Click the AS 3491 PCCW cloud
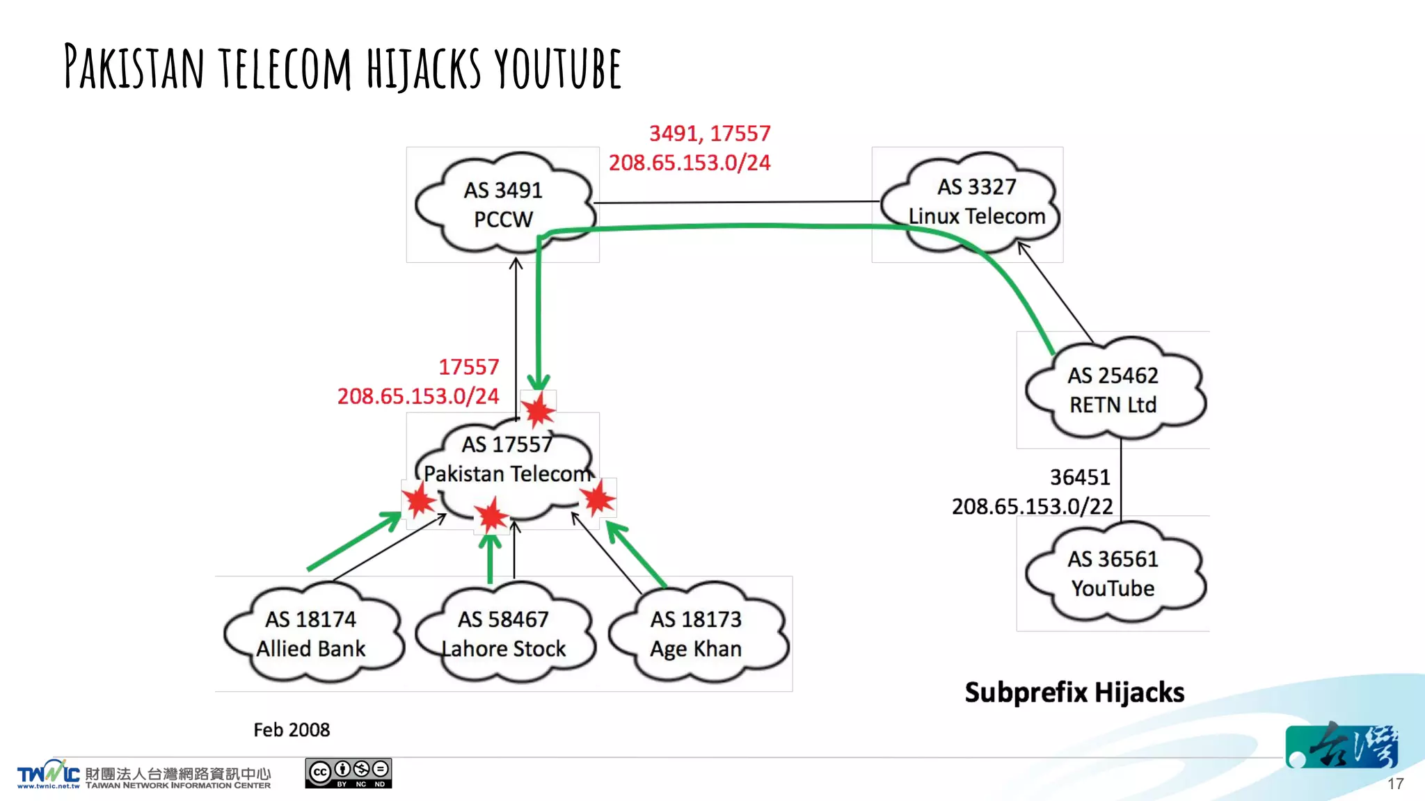click(503, 204)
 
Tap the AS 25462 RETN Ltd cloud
click(1113, 390)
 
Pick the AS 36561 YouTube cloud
click(1113, 574)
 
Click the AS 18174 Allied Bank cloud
click(311, 633)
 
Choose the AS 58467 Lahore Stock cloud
click(504, 633)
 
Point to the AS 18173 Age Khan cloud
click(696, 633)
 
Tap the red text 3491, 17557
click(710, 133)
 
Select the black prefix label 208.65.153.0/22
click(1032, 507)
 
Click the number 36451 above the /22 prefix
click(1080, 478)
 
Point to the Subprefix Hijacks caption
click(1074, 693)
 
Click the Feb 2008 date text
click(292, 730)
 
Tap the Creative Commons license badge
click(348, 773)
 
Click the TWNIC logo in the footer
click(48, 774)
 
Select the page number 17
click(1395, 784)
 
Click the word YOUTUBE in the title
click(558, 69)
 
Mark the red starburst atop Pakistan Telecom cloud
click(539, 410)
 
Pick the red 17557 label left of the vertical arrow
click(468, 367)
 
